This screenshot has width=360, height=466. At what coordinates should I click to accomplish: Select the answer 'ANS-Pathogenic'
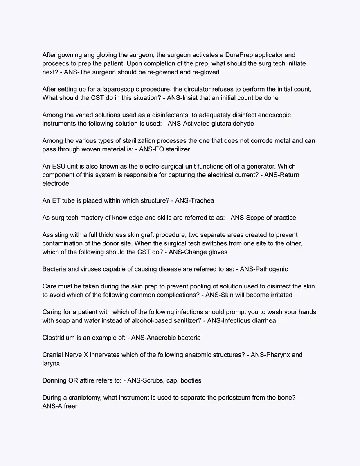coord(264,270)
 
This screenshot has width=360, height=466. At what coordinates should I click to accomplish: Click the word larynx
coord(51,364)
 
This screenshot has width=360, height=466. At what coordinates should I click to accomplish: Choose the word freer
coord(70,407)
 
